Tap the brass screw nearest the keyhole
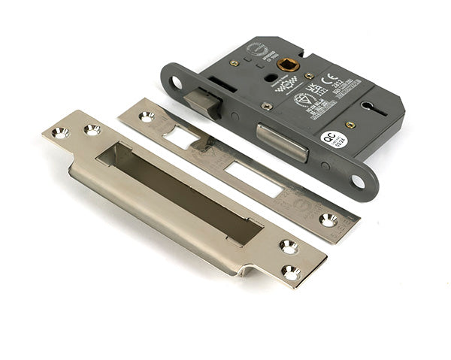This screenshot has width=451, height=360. [350, 125]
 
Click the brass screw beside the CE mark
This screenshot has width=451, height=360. [309, 75]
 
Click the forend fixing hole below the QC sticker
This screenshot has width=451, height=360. [358, 181]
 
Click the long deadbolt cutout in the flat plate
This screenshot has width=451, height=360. [253, 179]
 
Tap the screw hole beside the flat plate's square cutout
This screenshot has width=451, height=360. [146, 116]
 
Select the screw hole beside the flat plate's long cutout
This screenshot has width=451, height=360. [328, 219]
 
